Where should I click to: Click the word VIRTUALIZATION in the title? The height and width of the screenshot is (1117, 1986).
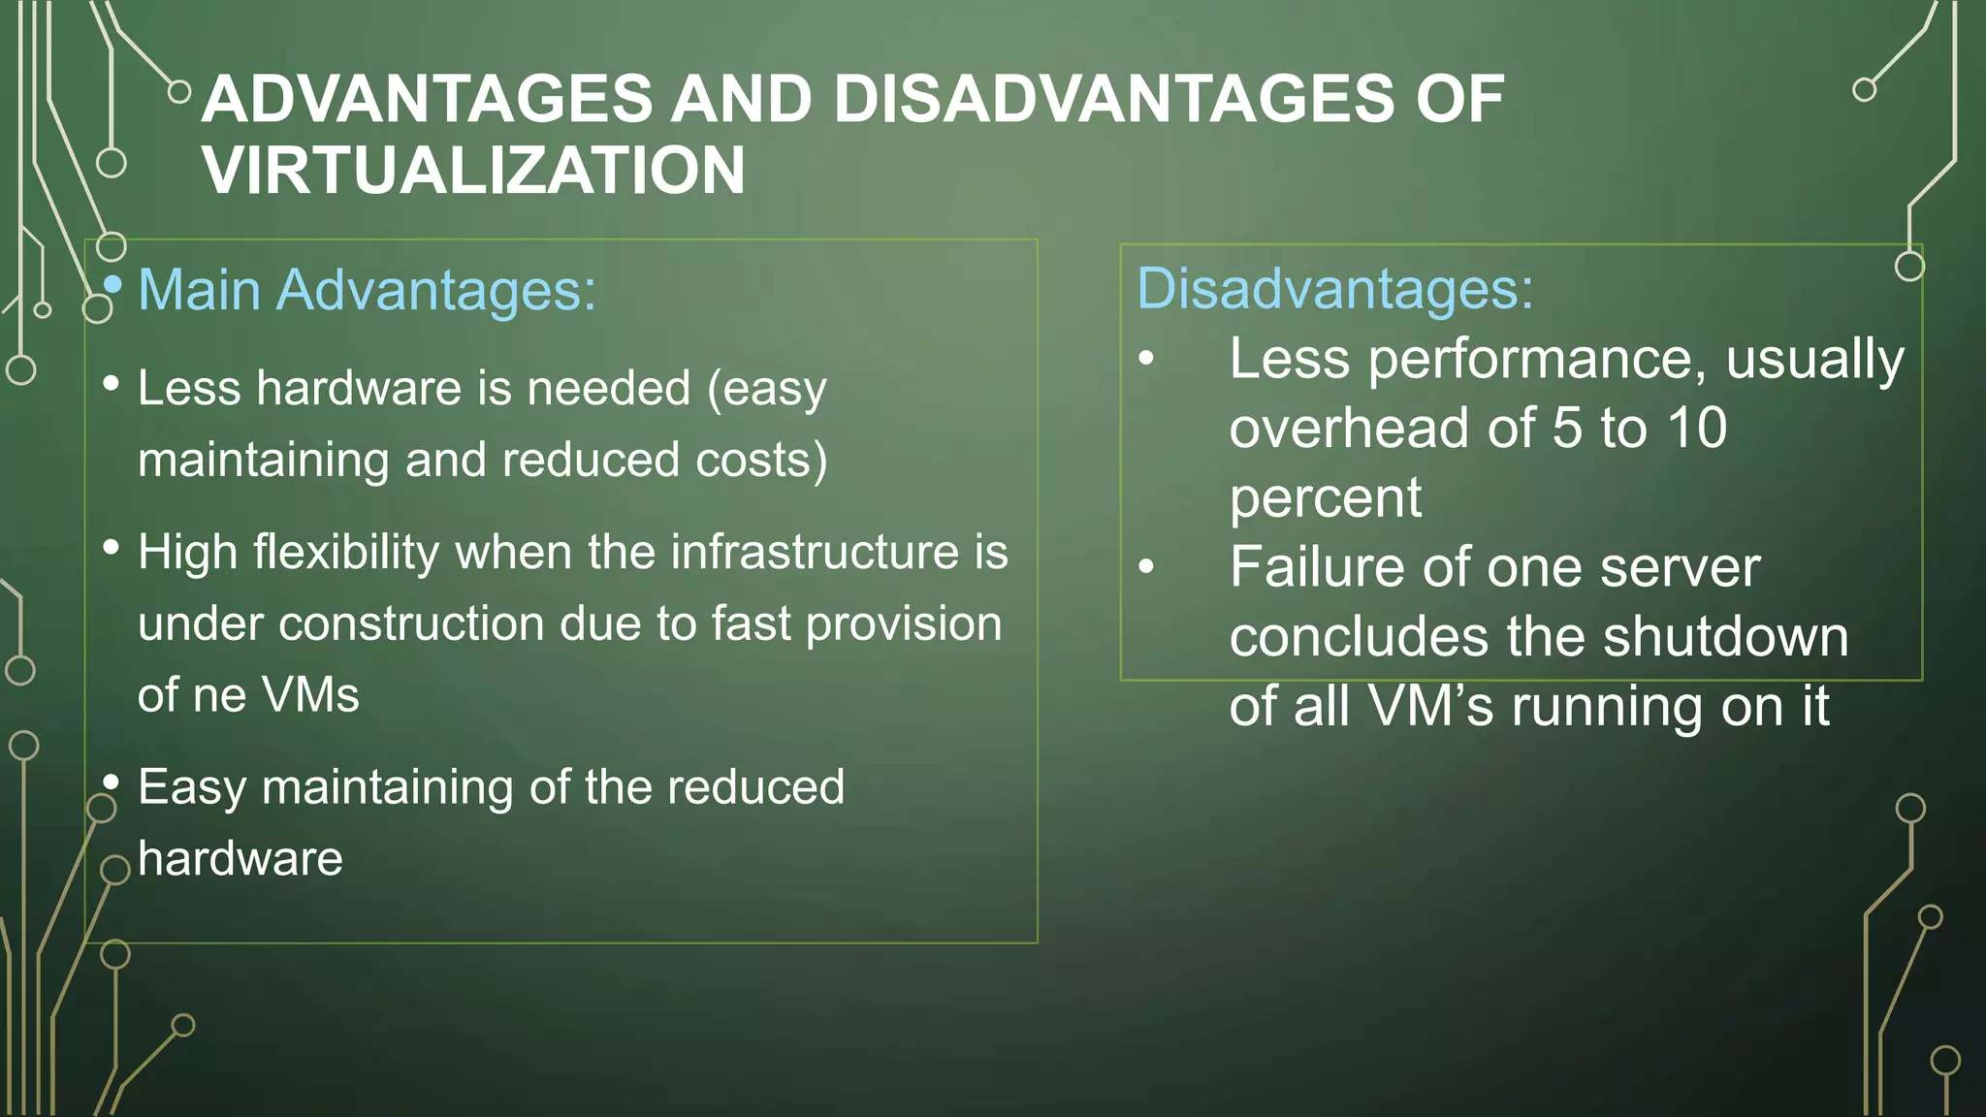tap(473, 171)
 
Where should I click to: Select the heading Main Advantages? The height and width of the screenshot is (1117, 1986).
tap(367, 290)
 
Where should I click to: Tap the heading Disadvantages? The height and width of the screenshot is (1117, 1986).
tap(1335, 289)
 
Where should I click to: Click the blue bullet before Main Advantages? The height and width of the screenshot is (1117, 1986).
tap(112, 284)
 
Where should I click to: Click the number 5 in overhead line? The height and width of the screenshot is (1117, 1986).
tap(1567, 428)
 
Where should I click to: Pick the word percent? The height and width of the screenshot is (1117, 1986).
tap(1325, 498)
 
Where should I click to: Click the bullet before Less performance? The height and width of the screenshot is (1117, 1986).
tap(1146, 360)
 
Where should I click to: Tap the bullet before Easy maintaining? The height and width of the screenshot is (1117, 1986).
tap(111, 782)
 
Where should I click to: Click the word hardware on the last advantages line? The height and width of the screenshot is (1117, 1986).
tap(240, 859)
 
